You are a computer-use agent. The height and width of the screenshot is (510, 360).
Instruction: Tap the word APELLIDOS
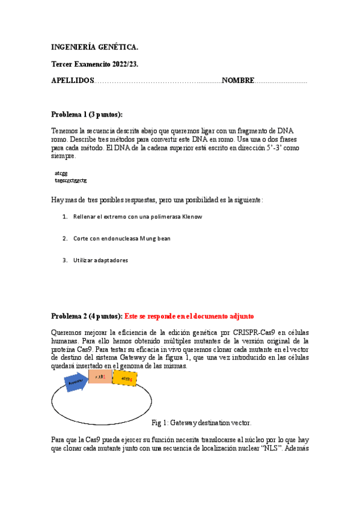(73, 81)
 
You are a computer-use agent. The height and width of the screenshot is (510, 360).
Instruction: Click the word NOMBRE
(238, 81)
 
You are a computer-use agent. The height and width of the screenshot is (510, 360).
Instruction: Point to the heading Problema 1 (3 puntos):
(87, 114)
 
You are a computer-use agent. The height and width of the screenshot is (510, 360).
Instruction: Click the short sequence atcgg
(61, 173)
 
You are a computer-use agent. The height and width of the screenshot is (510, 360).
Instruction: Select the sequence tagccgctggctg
(71, 180)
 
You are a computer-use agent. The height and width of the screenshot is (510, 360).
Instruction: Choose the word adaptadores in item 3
(110, 260)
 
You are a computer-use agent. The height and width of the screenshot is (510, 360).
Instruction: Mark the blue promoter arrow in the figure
(76, 381)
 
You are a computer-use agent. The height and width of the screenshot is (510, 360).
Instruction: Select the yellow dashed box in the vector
(124, 378)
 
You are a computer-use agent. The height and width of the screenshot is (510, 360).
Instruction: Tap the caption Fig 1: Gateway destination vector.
(201, 423)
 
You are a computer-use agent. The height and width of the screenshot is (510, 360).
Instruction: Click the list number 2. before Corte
(64, 239)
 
